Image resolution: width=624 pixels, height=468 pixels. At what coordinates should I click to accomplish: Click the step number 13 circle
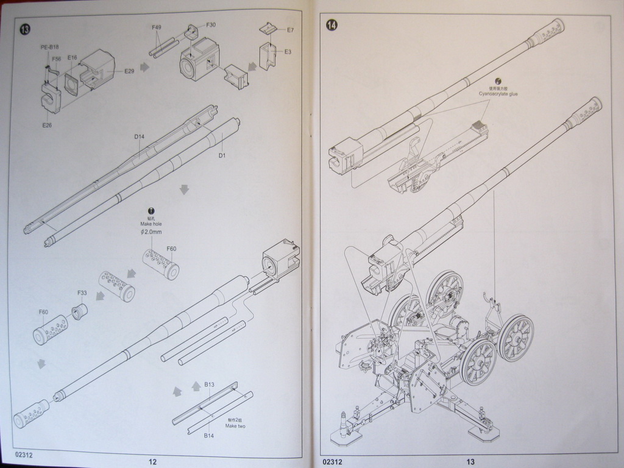(24, 29)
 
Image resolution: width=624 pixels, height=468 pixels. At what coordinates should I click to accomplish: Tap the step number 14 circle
(332, 25)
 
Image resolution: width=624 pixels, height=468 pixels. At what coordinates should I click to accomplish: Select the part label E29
(129, 71)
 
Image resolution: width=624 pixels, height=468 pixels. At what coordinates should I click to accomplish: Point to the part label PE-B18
(49, 47)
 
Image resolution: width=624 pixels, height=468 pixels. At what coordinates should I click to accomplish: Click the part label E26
(47, 125)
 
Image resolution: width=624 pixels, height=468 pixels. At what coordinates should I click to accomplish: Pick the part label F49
(157, 27)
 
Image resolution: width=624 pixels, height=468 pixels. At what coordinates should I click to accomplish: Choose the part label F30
(211, 24)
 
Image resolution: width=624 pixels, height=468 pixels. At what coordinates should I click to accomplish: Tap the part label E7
(290, 29)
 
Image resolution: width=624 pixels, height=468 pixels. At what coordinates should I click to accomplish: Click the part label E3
(288, 52)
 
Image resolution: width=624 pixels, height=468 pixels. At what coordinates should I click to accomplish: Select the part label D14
(139, 136)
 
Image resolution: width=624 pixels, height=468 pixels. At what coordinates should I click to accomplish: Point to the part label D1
(222, 155)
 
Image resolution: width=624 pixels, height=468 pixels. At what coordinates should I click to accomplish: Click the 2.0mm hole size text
(151, 232)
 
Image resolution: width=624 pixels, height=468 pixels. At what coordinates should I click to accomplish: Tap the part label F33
(82, 293)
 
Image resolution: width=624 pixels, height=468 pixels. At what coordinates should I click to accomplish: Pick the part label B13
(209, 385)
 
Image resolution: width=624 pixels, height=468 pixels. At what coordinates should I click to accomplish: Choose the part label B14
(209, 435)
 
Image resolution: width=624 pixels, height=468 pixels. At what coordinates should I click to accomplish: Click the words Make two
(235, 426)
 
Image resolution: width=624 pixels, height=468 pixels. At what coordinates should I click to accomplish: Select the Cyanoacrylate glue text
(498, 94)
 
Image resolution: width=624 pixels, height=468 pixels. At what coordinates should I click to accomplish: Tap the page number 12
(153, 461)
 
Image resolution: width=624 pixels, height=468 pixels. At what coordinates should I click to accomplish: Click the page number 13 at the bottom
(470, 461)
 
